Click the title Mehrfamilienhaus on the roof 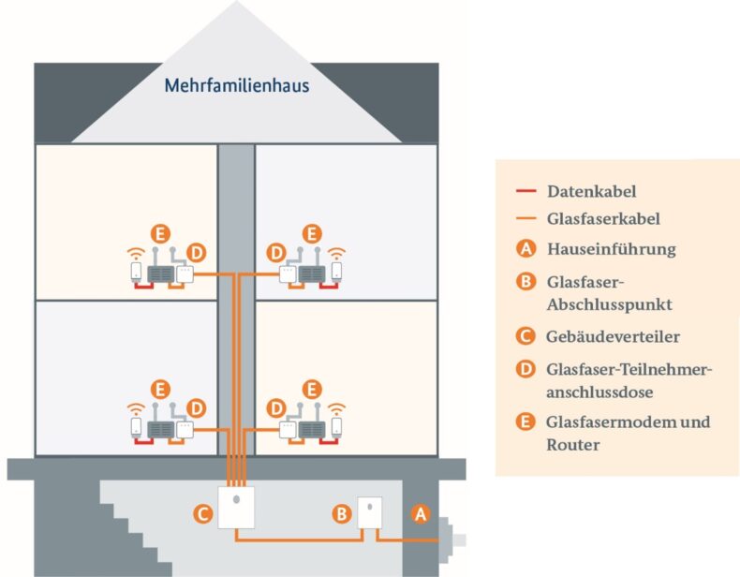[x=236, y=86]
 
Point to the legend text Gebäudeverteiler [x=613, y=335]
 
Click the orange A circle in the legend [x=526, y=249]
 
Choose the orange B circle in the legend [x=526, y=283]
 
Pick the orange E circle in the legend [x=526, y=422]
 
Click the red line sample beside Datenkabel [x=525, y=191]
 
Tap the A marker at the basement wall [x=420, y=512]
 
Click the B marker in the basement [x=342, y=512]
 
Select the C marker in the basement [x=200, y=512]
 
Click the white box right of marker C [x=237, y=508]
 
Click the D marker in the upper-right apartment [x=276, y=253]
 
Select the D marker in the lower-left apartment [x=196, y=408]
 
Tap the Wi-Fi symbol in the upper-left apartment [x=136, y=252]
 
